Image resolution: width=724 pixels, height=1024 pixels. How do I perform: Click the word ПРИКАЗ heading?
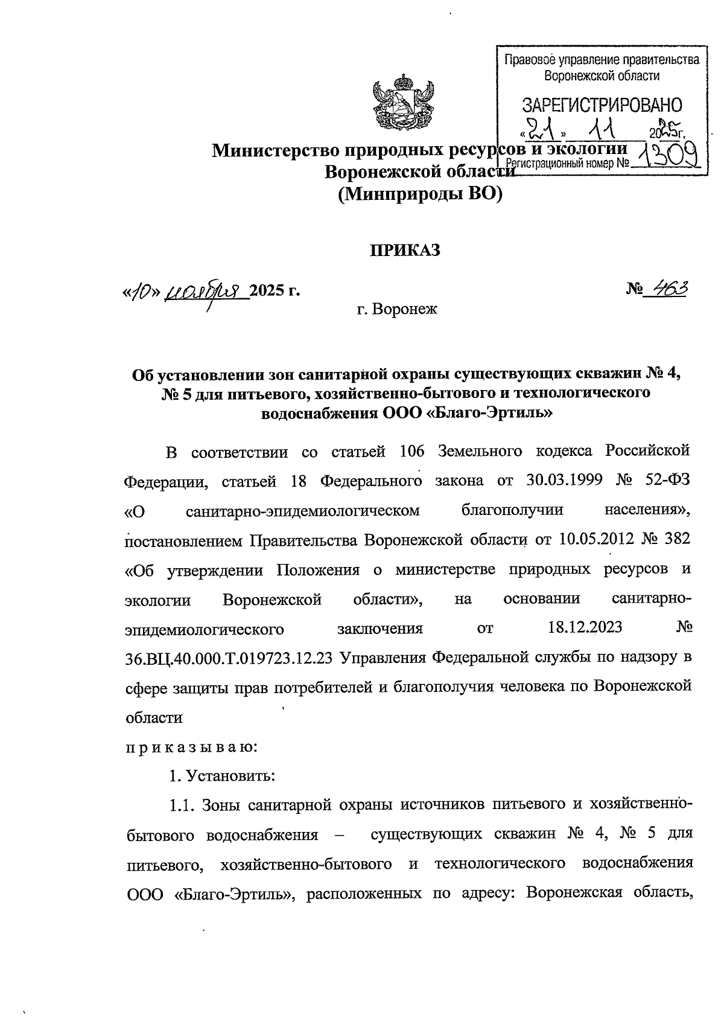(x=405, y=250)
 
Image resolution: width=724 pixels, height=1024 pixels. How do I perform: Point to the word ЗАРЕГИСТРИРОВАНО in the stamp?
(x=602, y=105)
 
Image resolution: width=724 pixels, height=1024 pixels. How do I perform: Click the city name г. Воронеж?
(x=396, y=310)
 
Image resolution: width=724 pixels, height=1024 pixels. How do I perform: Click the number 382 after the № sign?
(x=675, y=539)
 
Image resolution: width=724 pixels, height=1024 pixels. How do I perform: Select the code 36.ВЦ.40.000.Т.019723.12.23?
(x=229, y=658)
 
